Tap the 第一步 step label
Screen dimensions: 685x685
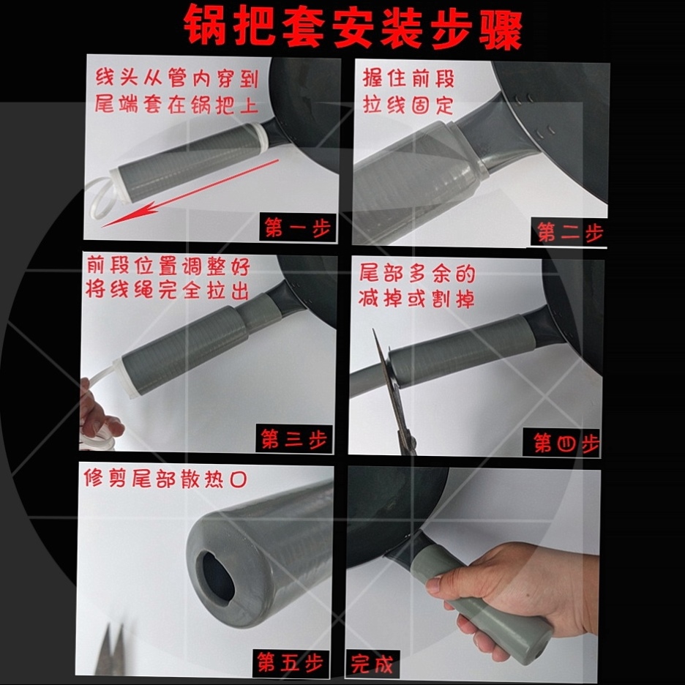click(298, 228)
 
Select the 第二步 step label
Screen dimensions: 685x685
click(569, 232)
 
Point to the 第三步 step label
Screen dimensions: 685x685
click(294, 438)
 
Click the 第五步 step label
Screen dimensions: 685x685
click(290, 662)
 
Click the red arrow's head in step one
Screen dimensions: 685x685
click(127, 215)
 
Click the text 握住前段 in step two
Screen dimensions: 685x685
click(408, 78)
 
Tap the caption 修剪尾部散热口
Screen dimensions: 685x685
click(165, 479)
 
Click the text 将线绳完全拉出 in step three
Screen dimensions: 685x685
click(168, 290)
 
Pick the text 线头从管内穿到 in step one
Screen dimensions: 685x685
click(177, 78)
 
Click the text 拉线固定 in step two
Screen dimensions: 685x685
click(408, 105)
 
